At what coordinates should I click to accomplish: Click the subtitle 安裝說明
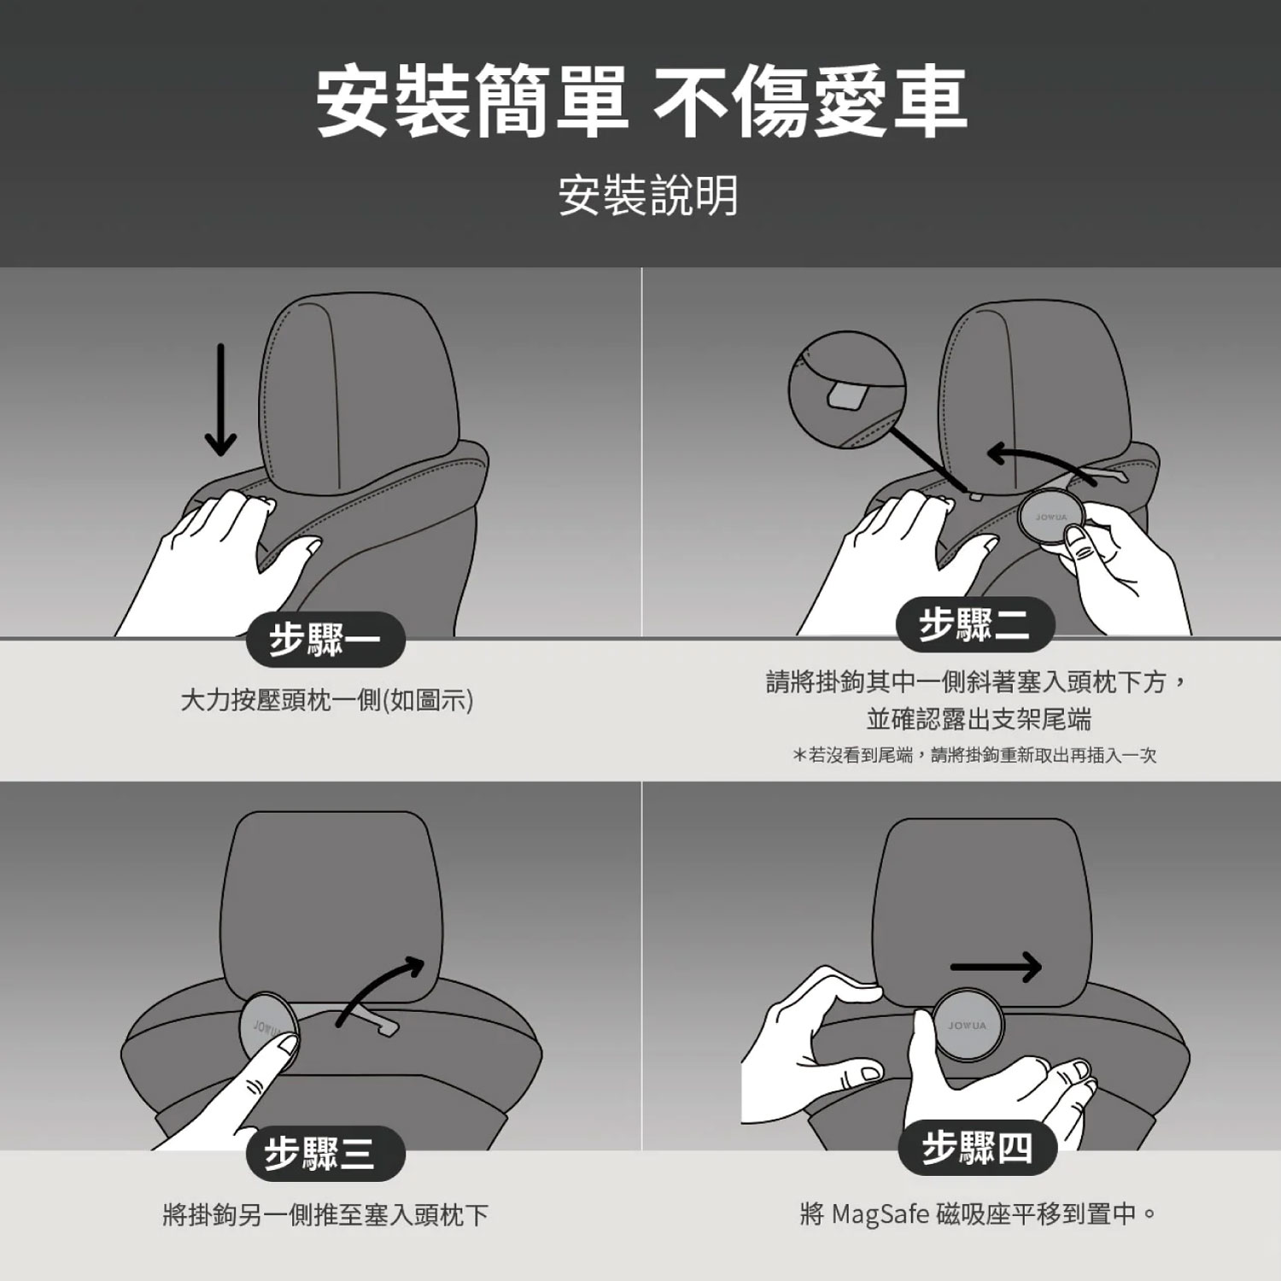648,196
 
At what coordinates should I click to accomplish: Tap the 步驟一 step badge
325,640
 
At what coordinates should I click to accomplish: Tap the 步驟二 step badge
975,625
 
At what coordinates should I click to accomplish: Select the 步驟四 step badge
977,1147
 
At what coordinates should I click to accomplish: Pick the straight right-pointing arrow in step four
996,967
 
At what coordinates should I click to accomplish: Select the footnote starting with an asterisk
974,755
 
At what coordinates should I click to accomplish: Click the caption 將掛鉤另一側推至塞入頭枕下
325,1214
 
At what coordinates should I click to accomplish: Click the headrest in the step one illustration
358,393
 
